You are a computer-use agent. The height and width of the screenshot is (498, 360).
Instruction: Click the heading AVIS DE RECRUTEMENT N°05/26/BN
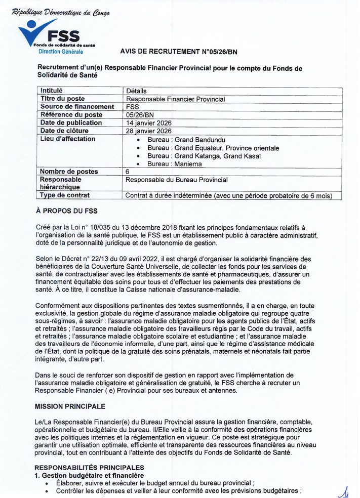[x=179, y=52]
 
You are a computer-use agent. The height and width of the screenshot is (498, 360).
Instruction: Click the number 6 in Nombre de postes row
[x=128, y=172]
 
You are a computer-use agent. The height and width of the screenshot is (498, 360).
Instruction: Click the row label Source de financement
[x=77, y=107]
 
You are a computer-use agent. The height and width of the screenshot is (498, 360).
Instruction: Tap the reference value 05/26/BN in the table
[x=140, y=115]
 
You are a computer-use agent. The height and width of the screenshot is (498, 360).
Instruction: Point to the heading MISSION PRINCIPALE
[x=70, y=406]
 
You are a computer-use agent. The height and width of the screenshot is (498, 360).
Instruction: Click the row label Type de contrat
[x=65, y=195]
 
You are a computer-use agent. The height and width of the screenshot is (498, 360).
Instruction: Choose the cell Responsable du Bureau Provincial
[x=176, y=180]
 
